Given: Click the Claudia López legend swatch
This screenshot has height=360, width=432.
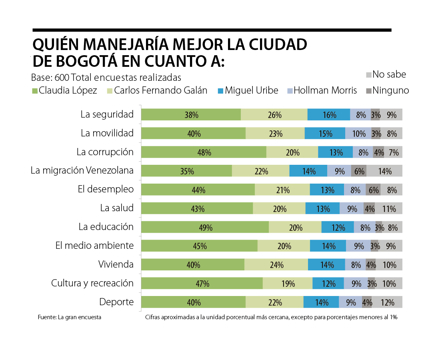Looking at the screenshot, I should (x=35, y=91).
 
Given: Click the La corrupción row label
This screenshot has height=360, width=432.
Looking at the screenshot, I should (x=105, y=152).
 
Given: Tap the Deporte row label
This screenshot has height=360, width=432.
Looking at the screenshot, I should (x=116, y=302).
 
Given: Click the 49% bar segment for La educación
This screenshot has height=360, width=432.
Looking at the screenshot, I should (x=205, y=227).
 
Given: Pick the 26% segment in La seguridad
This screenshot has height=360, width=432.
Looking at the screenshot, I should (x=274, y=115).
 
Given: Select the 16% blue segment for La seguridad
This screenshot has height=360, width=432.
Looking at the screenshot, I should (x=329, y=115).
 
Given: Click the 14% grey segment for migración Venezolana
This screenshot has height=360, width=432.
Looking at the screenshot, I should (x=384, y=171).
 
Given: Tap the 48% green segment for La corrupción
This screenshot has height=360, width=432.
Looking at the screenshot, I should (x=204, y=152).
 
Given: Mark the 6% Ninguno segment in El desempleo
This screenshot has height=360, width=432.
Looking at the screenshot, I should (x=373, y=190).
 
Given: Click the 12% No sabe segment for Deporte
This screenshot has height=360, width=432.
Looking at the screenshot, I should (x=387, y=302).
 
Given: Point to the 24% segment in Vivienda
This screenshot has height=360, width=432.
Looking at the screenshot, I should (x=276, y=265).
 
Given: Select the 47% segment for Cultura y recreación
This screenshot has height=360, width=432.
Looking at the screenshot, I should (x=202, y=283).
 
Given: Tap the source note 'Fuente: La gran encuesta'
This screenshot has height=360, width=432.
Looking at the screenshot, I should (x=69, y=317).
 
